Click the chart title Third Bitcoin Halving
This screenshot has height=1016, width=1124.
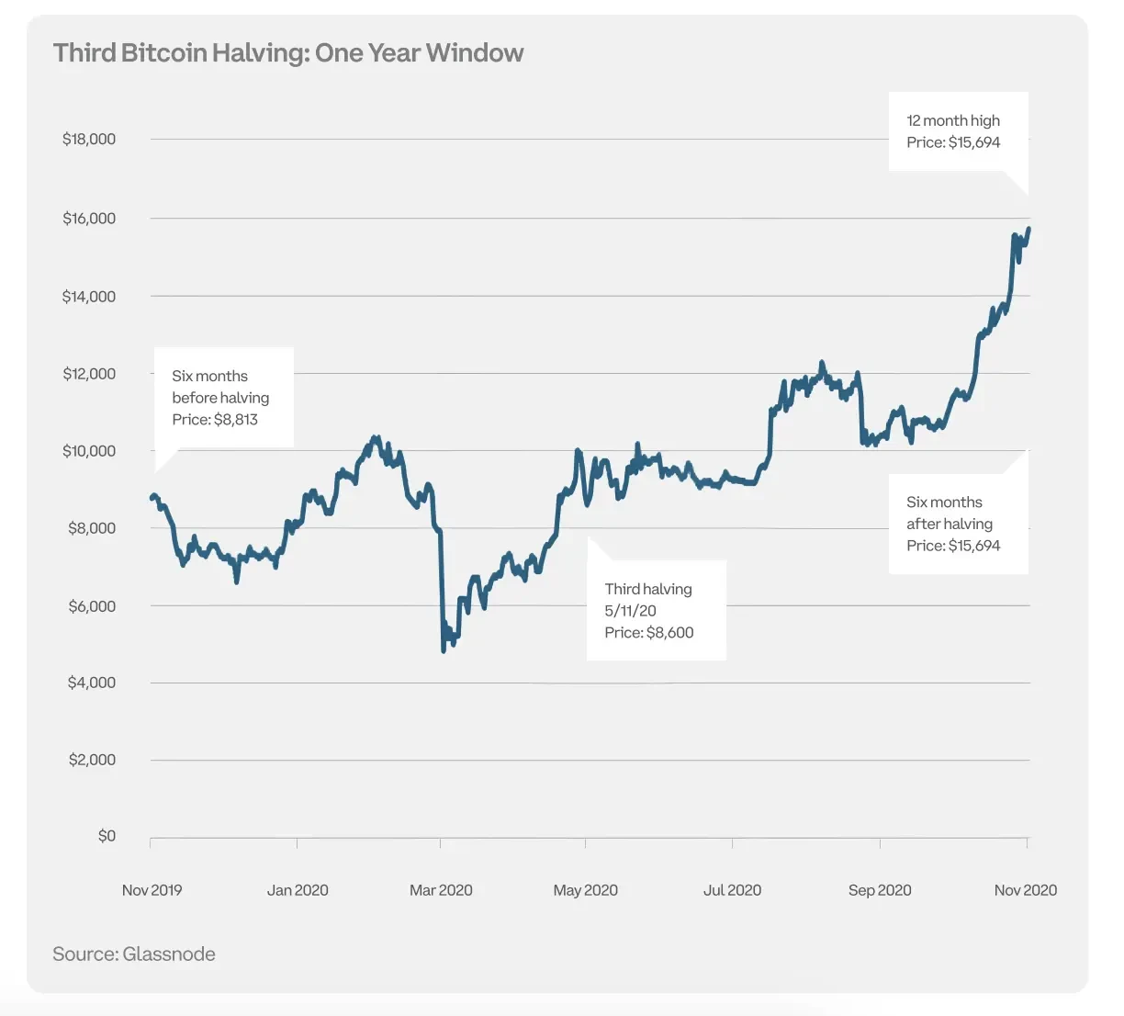pyautogui.click(x=288, y=53)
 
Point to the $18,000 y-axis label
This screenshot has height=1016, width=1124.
pyautogui.click(x=89, y=140)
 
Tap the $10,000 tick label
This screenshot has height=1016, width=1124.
pyautogui.click(x=89, y=451)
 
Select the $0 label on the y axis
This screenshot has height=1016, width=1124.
pyautogui.click(x=107, y=836)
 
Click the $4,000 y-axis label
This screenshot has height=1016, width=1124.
pyautogui.click(x=92, y=683)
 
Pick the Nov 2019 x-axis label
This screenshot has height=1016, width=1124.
pyautogui.click(x=152, y=890)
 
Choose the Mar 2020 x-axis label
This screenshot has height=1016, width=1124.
pyautogui.click(x=441, y=890)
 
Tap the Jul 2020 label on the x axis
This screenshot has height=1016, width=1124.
pyautogui.click(x=732, y=890)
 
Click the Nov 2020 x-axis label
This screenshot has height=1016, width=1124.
pyautogui.click(x=1025, y=890)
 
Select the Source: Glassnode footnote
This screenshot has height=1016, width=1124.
pyautogui.click(x=134, y=954)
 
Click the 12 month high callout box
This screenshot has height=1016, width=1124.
pyautogui.click(x=958, y=131)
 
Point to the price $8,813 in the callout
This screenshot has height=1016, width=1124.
pyautogui.click(x=236, y=420)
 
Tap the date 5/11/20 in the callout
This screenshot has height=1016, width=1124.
pyautogui.click(x=630, y=611)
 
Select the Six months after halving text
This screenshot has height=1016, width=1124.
pyautogui.click(x=949, y=514)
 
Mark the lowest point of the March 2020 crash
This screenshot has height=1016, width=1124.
pyautogui.click(x=444, y=650)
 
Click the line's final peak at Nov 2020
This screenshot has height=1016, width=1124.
pyautogui.click(x=1028, y=229)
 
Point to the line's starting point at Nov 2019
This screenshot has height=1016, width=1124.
pyautogui.click(x=152, y=497)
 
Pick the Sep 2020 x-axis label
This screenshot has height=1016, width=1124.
pyautogui.click(x=880, y=890)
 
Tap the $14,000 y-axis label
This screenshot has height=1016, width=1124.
pyautogui.click(x=89, y=297)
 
